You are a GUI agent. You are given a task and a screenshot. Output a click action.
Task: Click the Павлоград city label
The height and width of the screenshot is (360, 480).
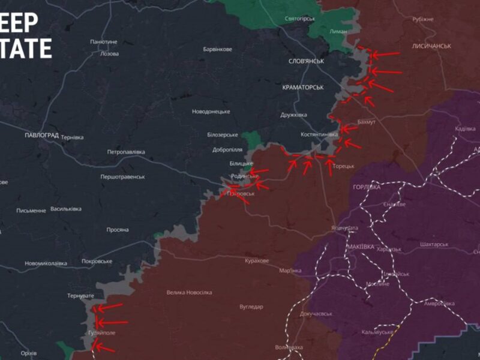click(42, 136)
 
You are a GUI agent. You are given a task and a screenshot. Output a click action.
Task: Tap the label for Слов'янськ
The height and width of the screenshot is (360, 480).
click(306, 61)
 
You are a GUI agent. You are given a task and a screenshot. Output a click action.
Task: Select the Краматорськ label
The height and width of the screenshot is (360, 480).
click(303, 88)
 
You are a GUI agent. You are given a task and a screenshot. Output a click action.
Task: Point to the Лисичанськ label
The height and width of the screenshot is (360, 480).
click(431, 46)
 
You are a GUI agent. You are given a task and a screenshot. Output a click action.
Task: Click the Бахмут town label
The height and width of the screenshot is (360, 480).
click(366, 122)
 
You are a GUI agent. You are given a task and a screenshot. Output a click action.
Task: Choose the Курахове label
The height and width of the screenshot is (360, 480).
click(257, 261)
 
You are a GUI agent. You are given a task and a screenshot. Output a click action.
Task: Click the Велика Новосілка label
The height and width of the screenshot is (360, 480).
click(189, 293)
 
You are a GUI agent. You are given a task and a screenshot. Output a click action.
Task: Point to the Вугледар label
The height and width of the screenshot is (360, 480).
click(251, 307)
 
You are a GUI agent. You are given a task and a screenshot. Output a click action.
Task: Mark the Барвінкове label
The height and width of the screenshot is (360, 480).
click(218, 49)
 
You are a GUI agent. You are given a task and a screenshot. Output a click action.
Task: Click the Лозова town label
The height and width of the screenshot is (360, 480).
click(109, 54)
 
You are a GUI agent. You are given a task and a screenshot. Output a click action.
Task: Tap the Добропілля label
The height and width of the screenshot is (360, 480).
click(227, 150)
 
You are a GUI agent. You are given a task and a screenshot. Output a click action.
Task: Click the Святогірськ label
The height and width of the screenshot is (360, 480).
click(300, 19)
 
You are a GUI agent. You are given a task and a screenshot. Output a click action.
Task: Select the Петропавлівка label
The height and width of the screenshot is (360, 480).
click(126, 152)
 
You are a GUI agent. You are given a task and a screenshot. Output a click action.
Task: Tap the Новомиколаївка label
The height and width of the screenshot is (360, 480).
click(46, 263)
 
